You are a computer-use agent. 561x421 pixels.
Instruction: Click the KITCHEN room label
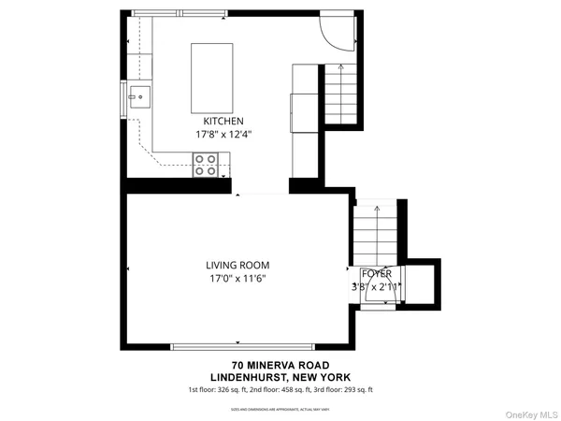pyautogui.click(x=223, y=122)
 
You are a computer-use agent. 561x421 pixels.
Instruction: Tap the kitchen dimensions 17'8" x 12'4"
pyautogui.click(x=223, y=135)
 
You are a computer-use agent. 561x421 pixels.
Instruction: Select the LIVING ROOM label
pyautogui.click(x=237, y=265)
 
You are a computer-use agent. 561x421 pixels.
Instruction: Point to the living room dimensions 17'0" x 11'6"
pyautogui.click(x=237, y=278)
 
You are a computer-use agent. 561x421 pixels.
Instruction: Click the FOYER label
pyautogui.click(x=378, y=273)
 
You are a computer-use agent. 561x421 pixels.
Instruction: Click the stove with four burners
pyautogui.click(x=206, y=166)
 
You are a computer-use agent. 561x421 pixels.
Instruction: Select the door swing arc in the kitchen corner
pyautogui.click(x=336, y=31)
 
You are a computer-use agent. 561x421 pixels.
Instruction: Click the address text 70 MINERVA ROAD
pyautogui.click(x=280, y=365)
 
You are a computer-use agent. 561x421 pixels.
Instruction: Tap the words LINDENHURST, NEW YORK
pyautogui.click(x=280, y=377)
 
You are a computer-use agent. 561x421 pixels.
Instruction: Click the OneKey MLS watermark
pyautogui.click(x=532, y=412)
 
